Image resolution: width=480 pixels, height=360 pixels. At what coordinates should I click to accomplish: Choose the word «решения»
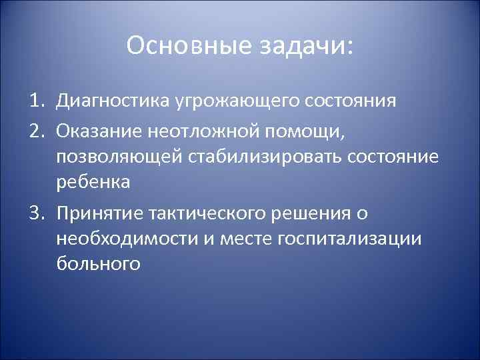(x=311, y=213)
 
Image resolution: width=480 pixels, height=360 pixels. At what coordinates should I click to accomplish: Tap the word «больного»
(x=97, y=265)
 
